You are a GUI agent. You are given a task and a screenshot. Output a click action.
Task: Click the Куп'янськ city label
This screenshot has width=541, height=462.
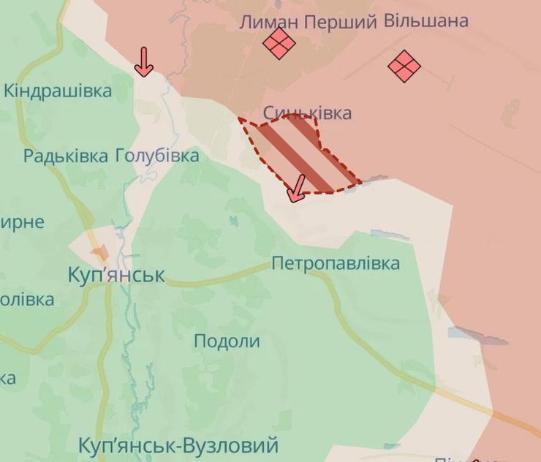(116, 276)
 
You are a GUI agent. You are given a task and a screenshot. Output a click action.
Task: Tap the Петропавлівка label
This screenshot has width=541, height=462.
(336, 263)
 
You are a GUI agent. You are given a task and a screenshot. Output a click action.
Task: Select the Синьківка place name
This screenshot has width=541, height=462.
(307, 113)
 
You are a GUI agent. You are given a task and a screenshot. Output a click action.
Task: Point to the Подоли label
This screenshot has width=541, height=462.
(227, 341)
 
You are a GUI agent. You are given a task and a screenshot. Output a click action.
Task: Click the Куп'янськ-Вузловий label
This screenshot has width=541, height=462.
(178, 445)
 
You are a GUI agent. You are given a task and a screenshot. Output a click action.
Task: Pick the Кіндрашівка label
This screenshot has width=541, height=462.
(58, 91)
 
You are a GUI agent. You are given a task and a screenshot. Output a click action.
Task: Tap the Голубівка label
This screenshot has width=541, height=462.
(156, 156)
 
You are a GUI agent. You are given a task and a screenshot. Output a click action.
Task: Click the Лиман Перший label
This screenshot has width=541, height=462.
(308, 23)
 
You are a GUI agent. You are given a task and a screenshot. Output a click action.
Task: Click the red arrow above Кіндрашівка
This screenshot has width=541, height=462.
(144, 62)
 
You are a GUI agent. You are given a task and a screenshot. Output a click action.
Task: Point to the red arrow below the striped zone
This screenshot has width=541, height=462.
(295, 189)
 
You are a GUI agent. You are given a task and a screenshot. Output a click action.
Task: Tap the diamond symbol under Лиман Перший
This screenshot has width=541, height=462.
(279, 43)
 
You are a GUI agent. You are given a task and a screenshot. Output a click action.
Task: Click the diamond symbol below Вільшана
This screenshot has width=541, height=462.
(404, 67)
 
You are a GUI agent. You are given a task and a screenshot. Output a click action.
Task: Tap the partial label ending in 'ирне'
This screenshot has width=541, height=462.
(22, 222)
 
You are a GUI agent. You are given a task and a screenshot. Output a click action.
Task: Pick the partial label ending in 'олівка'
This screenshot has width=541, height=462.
(26, 299)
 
